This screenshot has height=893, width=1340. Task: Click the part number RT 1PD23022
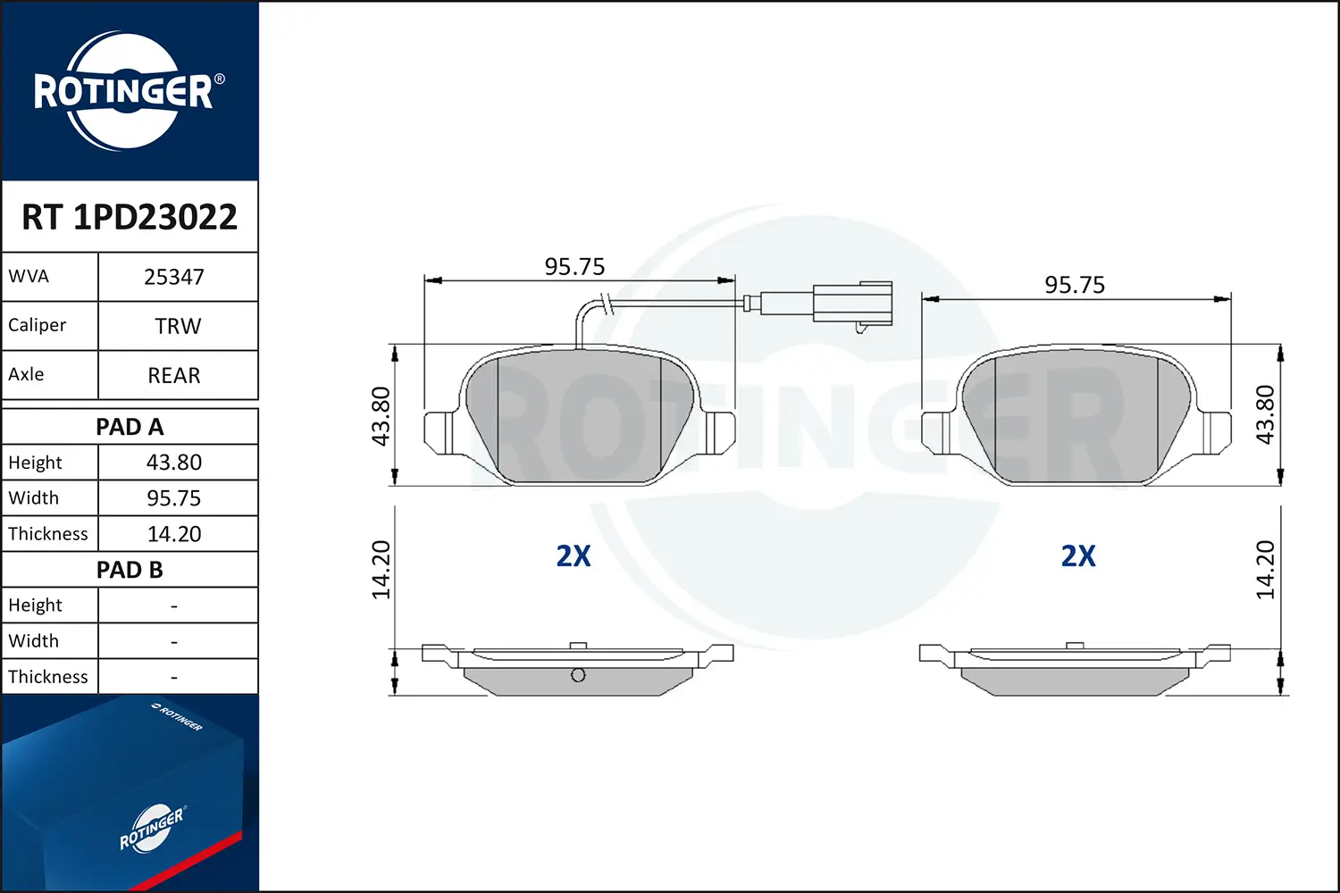(130, 217)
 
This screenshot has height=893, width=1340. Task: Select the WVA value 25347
(174, 277)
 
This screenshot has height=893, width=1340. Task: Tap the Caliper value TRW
(178, 326)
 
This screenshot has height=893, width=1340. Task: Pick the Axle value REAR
(174, 375)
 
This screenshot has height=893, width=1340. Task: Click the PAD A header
(130, 427)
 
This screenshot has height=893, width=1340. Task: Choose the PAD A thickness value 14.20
(174, 534)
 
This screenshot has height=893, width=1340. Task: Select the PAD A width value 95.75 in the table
(174, 498)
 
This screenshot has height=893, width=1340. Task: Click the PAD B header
(130, 570)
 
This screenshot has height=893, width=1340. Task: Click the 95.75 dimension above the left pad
(574, 266)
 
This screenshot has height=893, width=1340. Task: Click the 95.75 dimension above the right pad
(1075, 285)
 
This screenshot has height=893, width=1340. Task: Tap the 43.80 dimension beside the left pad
(381, 416)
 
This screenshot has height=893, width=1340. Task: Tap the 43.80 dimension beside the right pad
(1265, 414)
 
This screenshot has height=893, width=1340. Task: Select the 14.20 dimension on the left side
(381, 570)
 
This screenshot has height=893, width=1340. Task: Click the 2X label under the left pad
(574, 555)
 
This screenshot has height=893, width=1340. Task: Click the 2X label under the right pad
(1078, 555)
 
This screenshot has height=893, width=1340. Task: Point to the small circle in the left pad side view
(578, 675)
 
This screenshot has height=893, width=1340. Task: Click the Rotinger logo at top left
(124, 91)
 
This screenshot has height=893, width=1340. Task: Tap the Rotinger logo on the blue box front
(152, 829)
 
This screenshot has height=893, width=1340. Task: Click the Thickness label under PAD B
(48, 677)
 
